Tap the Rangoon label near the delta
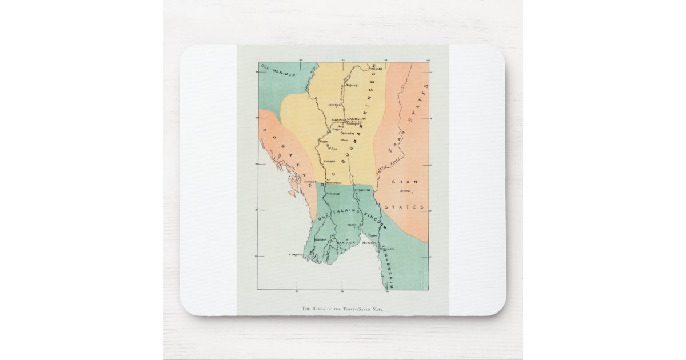pyautogui.click(x=345, y=242)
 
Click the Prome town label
pyautogui.click(x=334, y=194)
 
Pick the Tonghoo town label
pyautogui.click(x=362, y=189)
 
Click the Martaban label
pyautogui.click(x=369, y=243)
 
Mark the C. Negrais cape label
pyautogui.click(x=295, y=254)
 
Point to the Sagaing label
pyautogui.click(x=338, y=120)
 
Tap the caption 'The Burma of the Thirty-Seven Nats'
pyautogui.click(x=342, y=309)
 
